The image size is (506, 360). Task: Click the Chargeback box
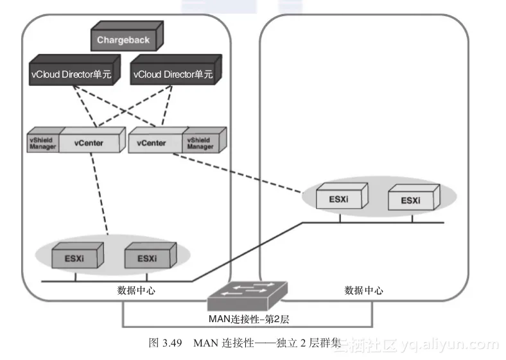click(x=124, y=40)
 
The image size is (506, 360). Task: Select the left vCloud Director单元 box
click(x=71, y=74)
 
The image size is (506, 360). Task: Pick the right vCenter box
click(x=152, y=142)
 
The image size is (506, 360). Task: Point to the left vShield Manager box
click(x=42, y=143)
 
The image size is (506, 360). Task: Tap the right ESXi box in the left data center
click(x=146, y=258)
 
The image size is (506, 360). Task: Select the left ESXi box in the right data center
click(x=340, y=199)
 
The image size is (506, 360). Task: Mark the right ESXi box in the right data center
click(x=411, y=200)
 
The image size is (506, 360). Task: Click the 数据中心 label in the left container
click(x=136, y=290)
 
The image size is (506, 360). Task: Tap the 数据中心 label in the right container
click(x=364, y=290)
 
